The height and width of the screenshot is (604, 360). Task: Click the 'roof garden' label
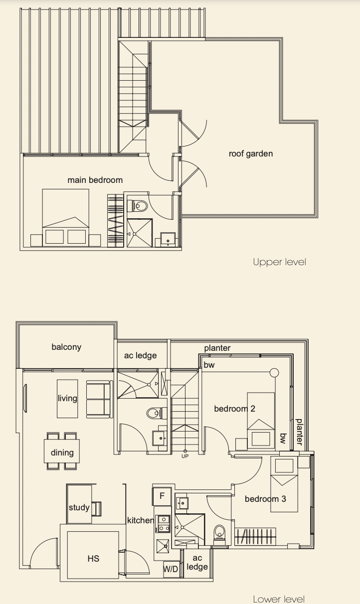point(251,153)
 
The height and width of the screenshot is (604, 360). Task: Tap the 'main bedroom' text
point(95,180)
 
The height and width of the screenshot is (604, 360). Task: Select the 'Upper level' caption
point(280,262)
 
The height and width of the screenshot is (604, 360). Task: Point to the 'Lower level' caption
point(279,599)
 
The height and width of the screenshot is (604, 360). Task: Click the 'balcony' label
point(66,347)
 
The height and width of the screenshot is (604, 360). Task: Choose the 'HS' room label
point(93,559)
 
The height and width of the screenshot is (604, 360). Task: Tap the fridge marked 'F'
point(162,496)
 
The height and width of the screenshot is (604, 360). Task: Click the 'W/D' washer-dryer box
point(171,569)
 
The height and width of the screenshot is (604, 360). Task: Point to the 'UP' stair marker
point(185,456)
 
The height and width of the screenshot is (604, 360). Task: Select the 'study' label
point(79,507)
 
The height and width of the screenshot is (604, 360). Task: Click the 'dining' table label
point(62,453)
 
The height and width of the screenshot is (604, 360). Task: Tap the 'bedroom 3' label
point(265,499)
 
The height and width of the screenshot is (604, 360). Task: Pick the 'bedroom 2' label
point(234,409)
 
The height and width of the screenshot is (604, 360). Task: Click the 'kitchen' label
point(141,520)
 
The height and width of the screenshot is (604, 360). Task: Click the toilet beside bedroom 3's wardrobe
point(219,532)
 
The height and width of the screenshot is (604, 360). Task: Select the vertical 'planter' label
point(299,432)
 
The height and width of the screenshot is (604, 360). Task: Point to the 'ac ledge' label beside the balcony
point(140,355)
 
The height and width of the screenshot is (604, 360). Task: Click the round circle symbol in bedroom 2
point(274,373)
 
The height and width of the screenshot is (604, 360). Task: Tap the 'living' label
point(67,398)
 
